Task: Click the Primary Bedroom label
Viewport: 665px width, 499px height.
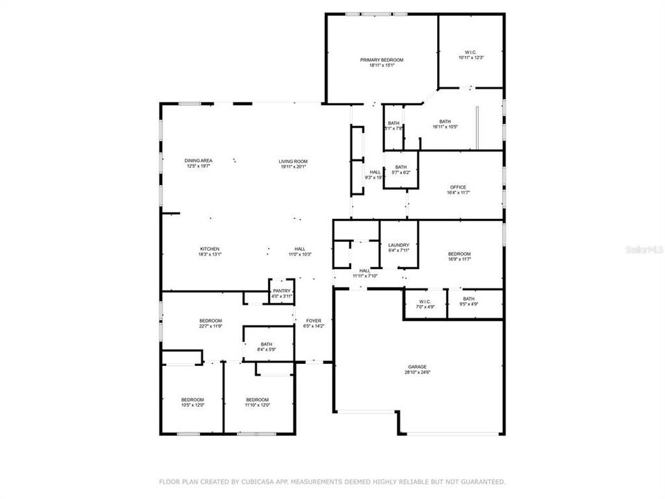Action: [x=381, y=60]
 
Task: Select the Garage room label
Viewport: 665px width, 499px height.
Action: [x=417, y=367]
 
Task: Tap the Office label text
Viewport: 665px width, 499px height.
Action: [x=458, y=187]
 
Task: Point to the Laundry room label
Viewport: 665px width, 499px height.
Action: [x=398, y=245]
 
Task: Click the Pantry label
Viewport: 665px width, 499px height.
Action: [x=282, y=291]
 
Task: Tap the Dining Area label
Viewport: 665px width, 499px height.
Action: [x=198, y=161]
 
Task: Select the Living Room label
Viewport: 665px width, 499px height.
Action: [x=293, y=161]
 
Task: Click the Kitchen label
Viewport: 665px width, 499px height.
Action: [x=210, y=249]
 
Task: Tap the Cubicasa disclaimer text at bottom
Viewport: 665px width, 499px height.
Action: [x=332, y=481]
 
